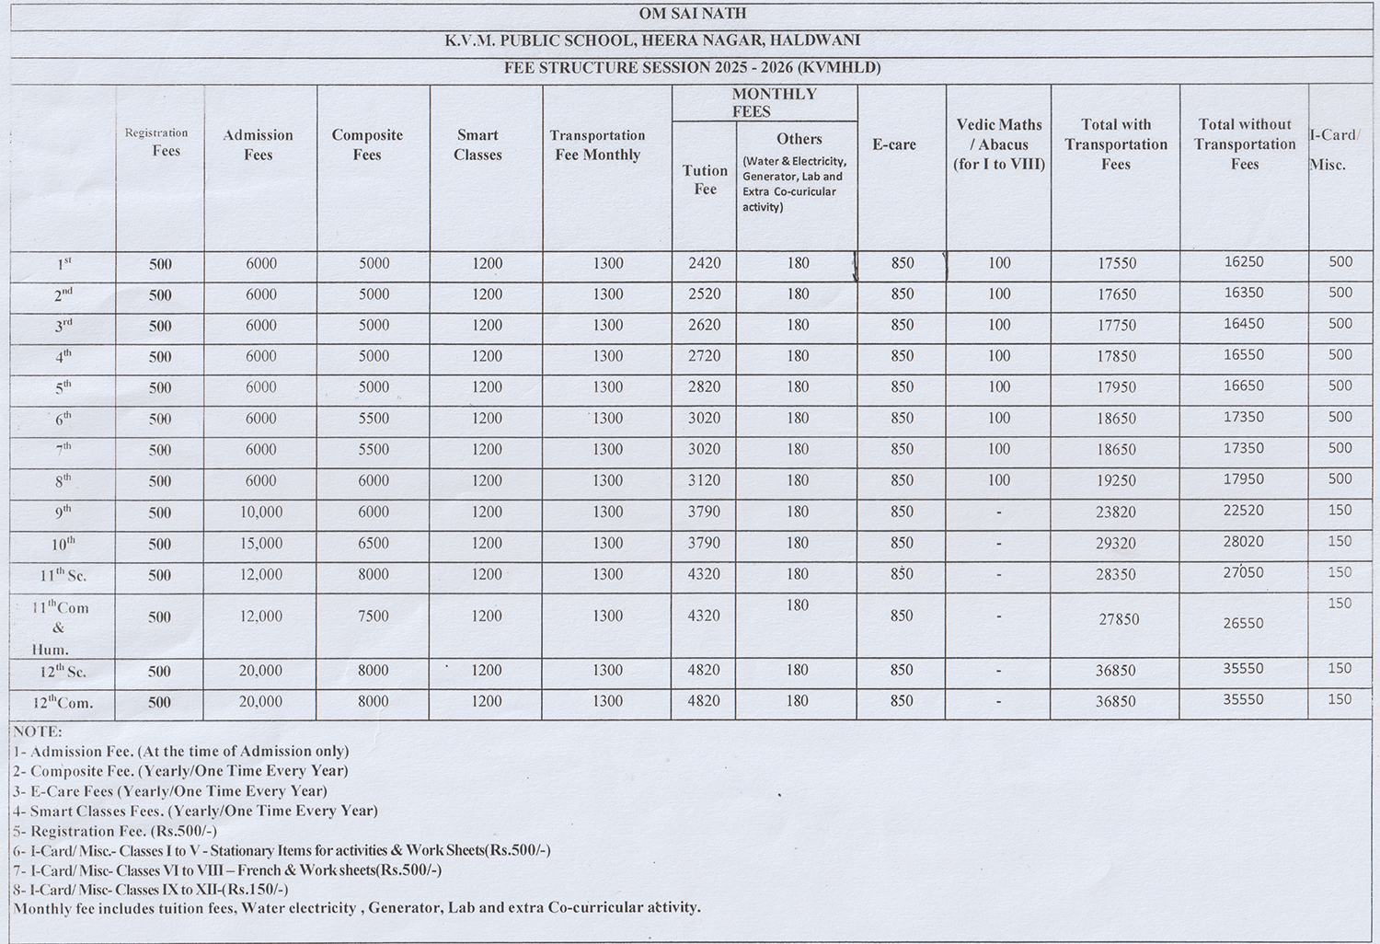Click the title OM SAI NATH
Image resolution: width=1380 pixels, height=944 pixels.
click(x=693, y=14)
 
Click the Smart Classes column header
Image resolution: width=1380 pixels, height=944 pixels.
click(x=477, y=145)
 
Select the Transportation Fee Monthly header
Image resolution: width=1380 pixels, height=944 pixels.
click(x=598, y=145)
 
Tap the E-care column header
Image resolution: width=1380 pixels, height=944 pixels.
click(x=894, y=144)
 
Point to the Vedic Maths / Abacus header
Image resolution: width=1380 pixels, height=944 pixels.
click(x=999, y=144)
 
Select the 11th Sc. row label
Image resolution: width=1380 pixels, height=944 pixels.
click(x=63, y=575)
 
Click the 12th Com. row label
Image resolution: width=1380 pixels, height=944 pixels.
click(x=63, y=703)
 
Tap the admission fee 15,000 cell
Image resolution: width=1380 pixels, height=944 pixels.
click(x=261, y=544)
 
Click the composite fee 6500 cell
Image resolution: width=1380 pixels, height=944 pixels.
click(x=374, y=544)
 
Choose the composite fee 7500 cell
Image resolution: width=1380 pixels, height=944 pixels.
click(x=374, y=616)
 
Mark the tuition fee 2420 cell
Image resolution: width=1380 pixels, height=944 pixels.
click(x=705, y=263)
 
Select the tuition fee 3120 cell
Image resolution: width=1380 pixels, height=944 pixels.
click(x=705, y=481)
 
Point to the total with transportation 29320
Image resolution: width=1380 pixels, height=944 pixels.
click(x=1116, y=544)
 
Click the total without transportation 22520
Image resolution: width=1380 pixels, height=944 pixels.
click(x=1244, y=511)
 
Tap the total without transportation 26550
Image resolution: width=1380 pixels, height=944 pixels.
click(x=1244, y=623)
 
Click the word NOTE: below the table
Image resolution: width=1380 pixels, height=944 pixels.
click(x=38, y=731)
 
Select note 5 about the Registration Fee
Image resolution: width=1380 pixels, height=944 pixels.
click(x=115, y=831)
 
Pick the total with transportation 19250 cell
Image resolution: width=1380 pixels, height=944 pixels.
click(x=1117, y=481)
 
